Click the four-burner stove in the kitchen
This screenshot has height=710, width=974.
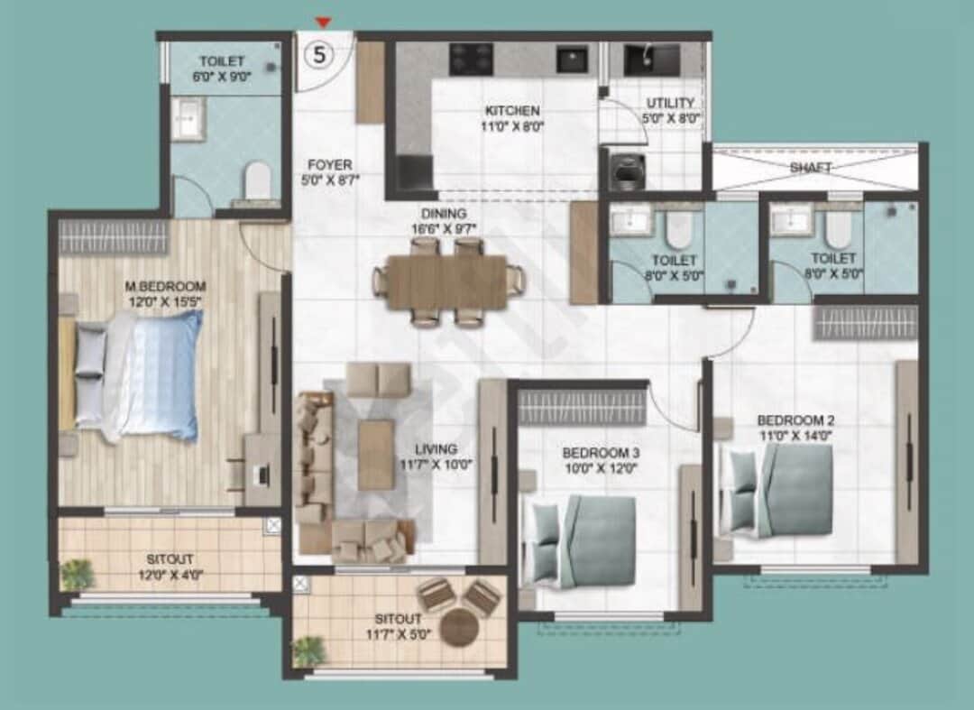tap(471, 59)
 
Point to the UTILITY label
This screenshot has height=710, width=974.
tap(670, 103)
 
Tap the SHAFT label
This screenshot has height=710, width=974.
tap(811, 167)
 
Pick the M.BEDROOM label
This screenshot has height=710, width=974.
tap(166, 287)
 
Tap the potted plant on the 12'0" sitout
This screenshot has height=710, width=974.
tap(78, 574)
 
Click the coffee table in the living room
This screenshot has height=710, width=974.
tap(376, 454)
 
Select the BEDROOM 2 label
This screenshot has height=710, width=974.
tap(791, 420)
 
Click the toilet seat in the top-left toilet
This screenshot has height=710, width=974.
tap(258, 179)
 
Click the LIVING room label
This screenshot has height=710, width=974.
tap(436, 448)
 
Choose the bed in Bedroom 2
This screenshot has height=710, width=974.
tap(782, 493)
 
